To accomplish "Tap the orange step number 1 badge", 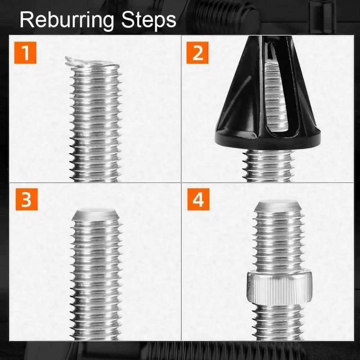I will click(25, 53).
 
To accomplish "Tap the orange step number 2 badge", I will click(197, 53).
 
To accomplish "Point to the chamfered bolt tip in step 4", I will click(277, 206).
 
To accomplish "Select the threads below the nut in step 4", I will click(277, 322).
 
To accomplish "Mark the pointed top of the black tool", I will click(266, 40).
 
